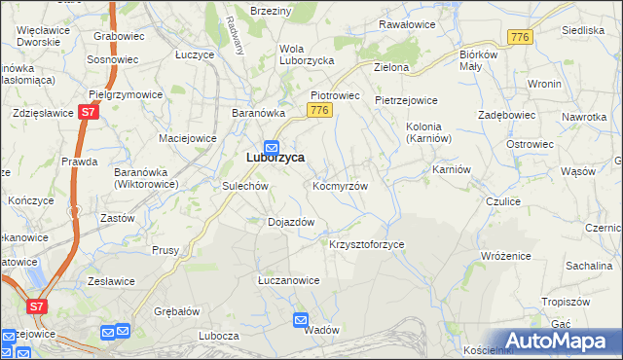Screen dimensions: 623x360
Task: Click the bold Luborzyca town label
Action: coord(275,158)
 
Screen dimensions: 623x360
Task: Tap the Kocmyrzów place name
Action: coord(340,185)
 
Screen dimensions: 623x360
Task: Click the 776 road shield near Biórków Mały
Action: coord(519,36)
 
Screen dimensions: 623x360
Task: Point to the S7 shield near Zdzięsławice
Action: coord(89,112)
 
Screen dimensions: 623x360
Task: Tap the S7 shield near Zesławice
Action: coord(36,306)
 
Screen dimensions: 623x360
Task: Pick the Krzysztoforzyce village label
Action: coord(367,244)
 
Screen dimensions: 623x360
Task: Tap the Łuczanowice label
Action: coord(288,280)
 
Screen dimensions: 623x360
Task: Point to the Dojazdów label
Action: coord(291,222)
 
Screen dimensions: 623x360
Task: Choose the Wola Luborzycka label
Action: coord(307,54)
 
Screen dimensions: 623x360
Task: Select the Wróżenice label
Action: coord(505,255)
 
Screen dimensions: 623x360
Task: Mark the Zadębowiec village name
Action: coord(508,114)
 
